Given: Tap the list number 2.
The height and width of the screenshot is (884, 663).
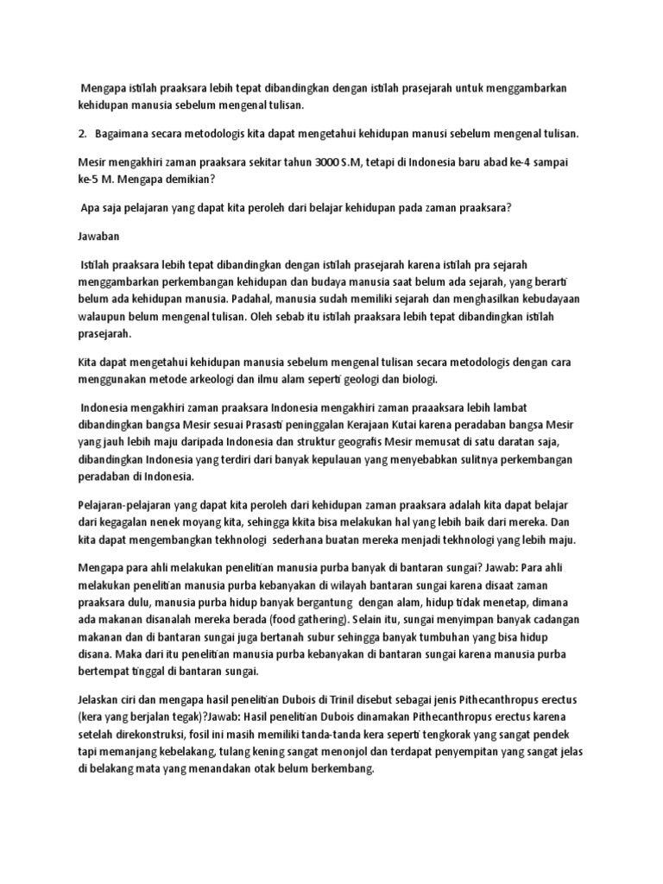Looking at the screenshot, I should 82,134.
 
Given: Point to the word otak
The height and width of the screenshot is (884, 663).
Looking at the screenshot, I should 256,769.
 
